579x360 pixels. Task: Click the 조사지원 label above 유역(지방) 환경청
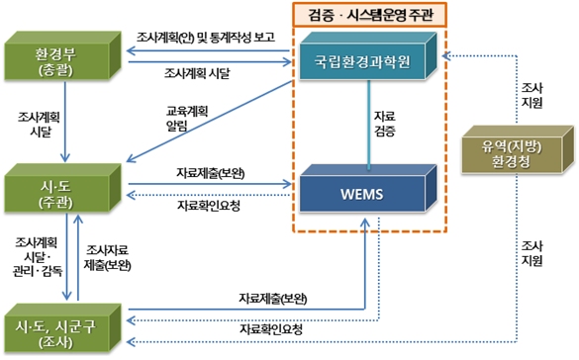pyautogui.click(x=531, y=95)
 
